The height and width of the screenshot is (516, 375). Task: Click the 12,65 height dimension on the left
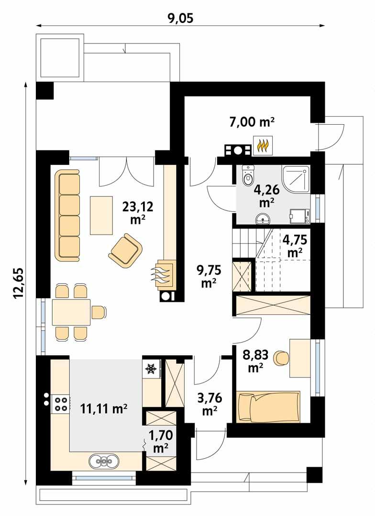pyautogui.click(x=19, y=283)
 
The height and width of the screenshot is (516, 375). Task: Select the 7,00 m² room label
pyautogui.click(x=252, y=122)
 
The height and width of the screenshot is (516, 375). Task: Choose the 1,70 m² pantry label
pyautogui.click(x=160, y=442)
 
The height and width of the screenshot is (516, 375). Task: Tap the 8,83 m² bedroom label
pyautogui.click(x=256, y=360)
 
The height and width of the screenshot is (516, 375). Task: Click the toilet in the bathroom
pyautogui.click(x=247, y=175)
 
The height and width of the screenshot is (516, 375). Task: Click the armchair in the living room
pyautogui.click(x=125, y=248)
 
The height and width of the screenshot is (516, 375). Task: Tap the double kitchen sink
pyautogui.click(x=104, y=461)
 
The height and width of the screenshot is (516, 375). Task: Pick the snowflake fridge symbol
pyautogui.click(x=151, y=369)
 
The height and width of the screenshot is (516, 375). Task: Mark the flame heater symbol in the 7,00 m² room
pyautogui.click(x=263, y=146)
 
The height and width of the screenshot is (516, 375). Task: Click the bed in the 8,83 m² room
pyautogui.click(x=269, y=406)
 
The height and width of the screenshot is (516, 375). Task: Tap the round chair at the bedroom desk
pyautogui.click(x=281, y=358)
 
